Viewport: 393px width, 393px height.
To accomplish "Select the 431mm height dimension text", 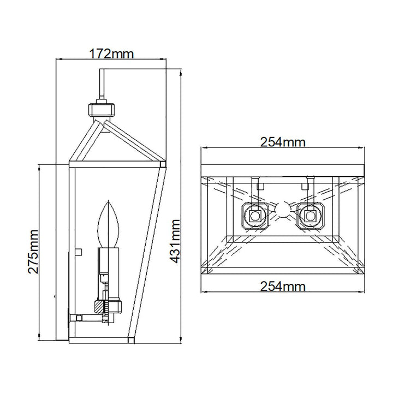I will [175, 241].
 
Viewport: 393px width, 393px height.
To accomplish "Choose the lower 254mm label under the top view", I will [282, 286].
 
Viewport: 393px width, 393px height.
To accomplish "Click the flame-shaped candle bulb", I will [109, 225].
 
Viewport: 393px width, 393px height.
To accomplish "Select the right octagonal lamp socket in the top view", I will [310, 216].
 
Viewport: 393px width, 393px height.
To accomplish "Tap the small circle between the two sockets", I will [282, 210].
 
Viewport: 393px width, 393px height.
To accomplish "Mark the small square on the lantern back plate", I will [78, 252].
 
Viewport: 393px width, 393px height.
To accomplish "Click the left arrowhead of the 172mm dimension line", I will [60, 60].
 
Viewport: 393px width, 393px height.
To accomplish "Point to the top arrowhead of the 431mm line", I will [182, 62].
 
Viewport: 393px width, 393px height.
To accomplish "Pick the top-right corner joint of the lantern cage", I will [162, 163].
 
